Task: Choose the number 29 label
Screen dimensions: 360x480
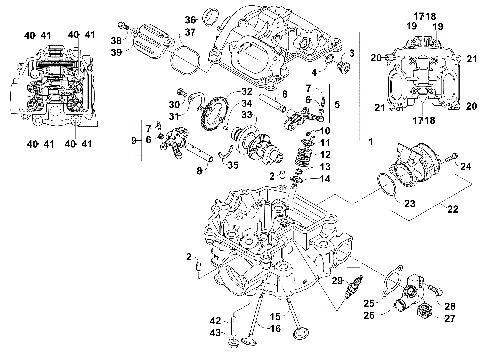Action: click(338, 282)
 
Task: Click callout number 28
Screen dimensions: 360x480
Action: click(449, 304)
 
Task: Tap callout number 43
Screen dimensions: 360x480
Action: click(215, 333)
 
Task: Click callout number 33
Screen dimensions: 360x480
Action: click(246, 114)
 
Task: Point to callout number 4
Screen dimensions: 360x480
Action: click(316, 73)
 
